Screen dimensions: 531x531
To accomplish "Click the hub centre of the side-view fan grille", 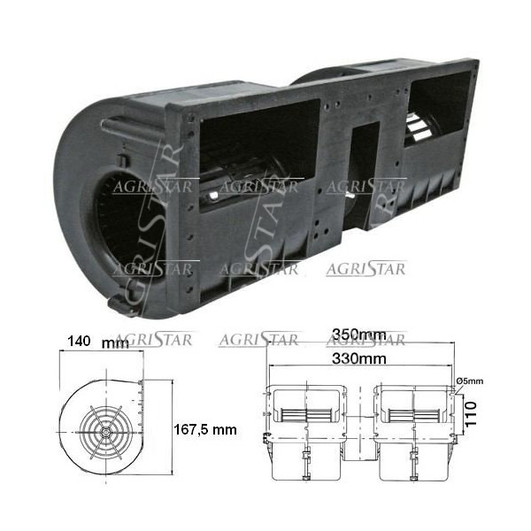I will pos(105,433).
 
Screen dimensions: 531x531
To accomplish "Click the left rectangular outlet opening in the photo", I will pos(257,150).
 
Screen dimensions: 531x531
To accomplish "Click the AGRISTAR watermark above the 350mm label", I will pos(366,340).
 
